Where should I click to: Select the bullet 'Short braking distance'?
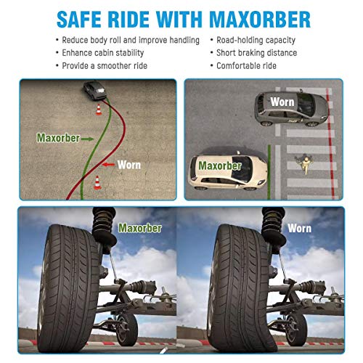[x=256, y=52]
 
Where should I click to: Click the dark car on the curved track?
[x=94, y=91]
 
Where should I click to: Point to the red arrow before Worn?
[x=107, y=166]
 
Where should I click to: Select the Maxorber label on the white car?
[x=219, y=166]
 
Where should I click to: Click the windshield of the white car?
[x=246, y=164]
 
